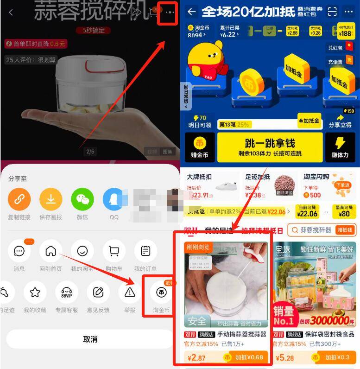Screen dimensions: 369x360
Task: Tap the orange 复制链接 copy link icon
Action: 19,199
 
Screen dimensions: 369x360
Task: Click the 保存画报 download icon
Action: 51,199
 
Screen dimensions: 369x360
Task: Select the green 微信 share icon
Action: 82,199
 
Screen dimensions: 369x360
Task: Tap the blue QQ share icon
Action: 114,199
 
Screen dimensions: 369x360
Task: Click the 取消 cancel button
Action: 90,339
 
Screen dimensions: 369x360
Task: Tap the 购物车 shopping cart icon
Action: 114,251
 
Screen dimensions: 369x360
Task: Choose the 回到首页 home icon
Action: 51,251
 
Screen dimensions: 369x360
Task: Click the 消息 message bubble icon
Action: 19,251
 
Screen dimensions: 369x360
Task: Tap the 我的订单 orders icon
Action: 145,251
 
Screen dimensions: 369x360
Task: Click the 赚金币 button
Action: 200,147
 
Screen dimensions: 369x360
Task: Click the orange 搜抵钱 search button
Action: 344,230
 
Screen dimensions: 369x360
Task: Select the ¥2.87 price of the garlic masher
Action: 197,357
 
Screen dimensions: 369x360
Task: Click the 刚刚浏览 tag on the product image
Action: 198,248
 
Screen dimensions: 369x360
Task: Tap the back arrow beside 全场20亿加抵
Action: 191,12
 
